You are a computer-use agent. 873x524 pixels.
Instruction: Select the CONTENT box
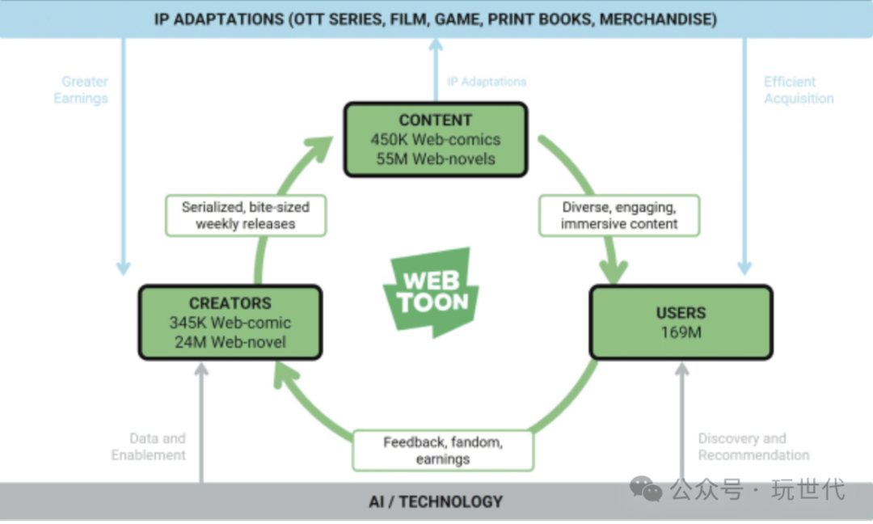[436, 139]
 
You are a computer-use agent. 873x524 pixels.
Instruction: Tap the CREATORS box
[230, 323]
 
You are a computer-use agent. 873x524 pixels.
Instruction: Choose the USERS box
[681, 322]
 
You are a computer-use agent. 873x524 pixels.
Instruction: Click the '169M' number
[681, 332]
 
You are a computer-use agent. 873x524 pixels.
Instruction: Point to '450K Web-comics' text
[436, 140]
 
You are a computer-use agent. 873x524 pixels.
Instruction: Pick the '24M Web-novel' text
[230, 342]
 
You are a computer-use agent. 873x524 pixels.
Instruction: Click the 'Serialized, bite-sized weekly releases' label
[246, 215]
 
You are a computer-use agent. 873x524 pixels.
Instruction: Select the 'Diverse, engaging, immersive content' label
[619, 215]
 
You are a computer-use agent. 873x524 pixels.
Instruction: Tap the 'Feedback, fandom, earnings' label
[443, 450]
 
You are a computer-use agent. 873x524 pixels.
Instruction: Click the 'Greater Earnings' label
[81, 90]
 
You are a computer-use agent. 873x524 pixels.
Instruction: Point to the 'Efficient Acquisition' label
[799, 90]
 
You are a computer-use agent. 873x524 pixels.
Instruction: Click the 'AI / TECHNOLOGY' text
[436, 502]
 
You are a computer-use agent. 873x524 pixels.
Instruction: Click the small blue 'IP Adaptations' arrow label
[487, 82]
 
